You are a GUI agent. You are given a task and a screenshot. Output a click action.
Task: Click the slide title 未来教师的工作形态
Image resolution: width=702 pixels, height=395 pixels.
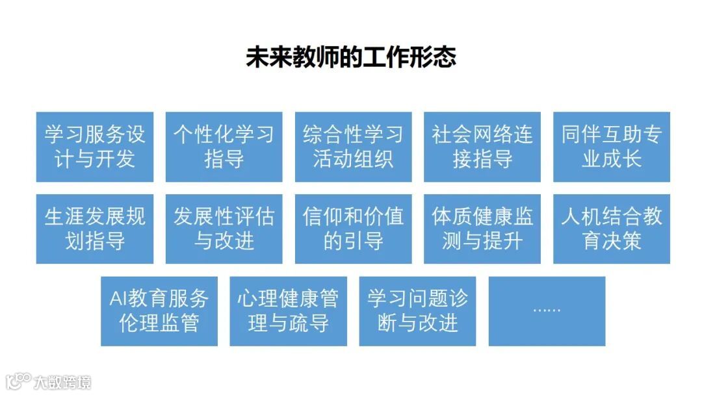[351, 57]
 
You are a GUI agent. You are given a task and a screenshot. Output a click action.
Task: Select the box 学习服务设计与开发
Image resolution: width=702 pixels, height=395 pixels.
[95, 147]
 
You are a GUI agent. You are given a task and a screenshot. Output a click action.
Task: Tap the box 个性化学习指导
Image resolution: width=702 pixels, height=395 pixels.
[224, 147]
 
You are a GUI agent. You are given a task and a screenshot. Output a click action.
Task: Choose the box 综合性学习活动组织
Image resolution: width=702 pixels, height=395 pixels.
[353, 147]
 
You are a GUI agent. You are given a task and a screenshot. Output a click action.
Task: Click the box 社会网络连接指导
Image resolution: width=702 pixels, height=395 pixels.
[482, 147]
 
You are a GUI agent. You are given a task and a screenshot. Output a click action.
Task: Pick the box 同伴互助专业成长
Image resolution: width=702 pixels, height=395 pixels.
[611, 147]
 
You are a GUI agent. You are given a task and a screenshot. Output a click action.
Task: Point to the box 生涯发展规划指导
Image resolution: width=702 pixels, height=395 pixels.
[95, 229]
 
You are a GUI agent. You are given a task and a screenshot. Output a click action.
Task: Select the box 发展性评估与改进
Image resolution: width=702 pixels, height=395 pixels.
[224, 229]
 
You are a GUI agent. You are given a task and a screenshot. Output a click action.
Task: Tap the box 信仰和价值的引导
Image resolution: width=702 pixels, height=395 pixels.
[353, 229]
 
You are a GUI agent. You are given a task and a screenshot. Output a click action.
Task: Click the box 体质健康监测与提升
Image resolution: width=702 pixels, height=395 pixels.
[482, 229]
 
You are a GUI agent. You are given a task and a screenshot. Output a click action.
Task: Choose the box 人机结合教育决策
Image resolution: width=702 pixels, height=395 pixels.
[611, 229]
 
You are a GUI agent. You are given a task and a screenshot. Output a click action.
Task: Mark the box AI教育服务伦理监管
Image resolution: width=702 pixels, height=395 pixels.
[159, 311]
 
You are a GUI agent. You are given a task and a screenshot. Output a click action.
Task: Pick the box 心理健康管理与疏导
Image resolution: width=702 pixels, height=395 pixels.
[288, 311]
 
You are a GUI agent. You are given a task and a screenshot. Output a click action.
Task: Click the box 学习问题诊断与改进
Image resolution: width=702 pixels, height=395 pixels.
[417, 311]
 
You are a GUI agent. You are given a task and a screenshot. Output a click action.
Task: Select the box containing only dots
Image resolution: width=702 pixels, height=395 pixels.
[547, 311]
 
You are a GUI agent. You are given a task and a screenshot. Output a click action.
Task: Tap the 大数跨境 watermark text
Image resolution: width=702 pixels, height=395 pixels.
[63, 381]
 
